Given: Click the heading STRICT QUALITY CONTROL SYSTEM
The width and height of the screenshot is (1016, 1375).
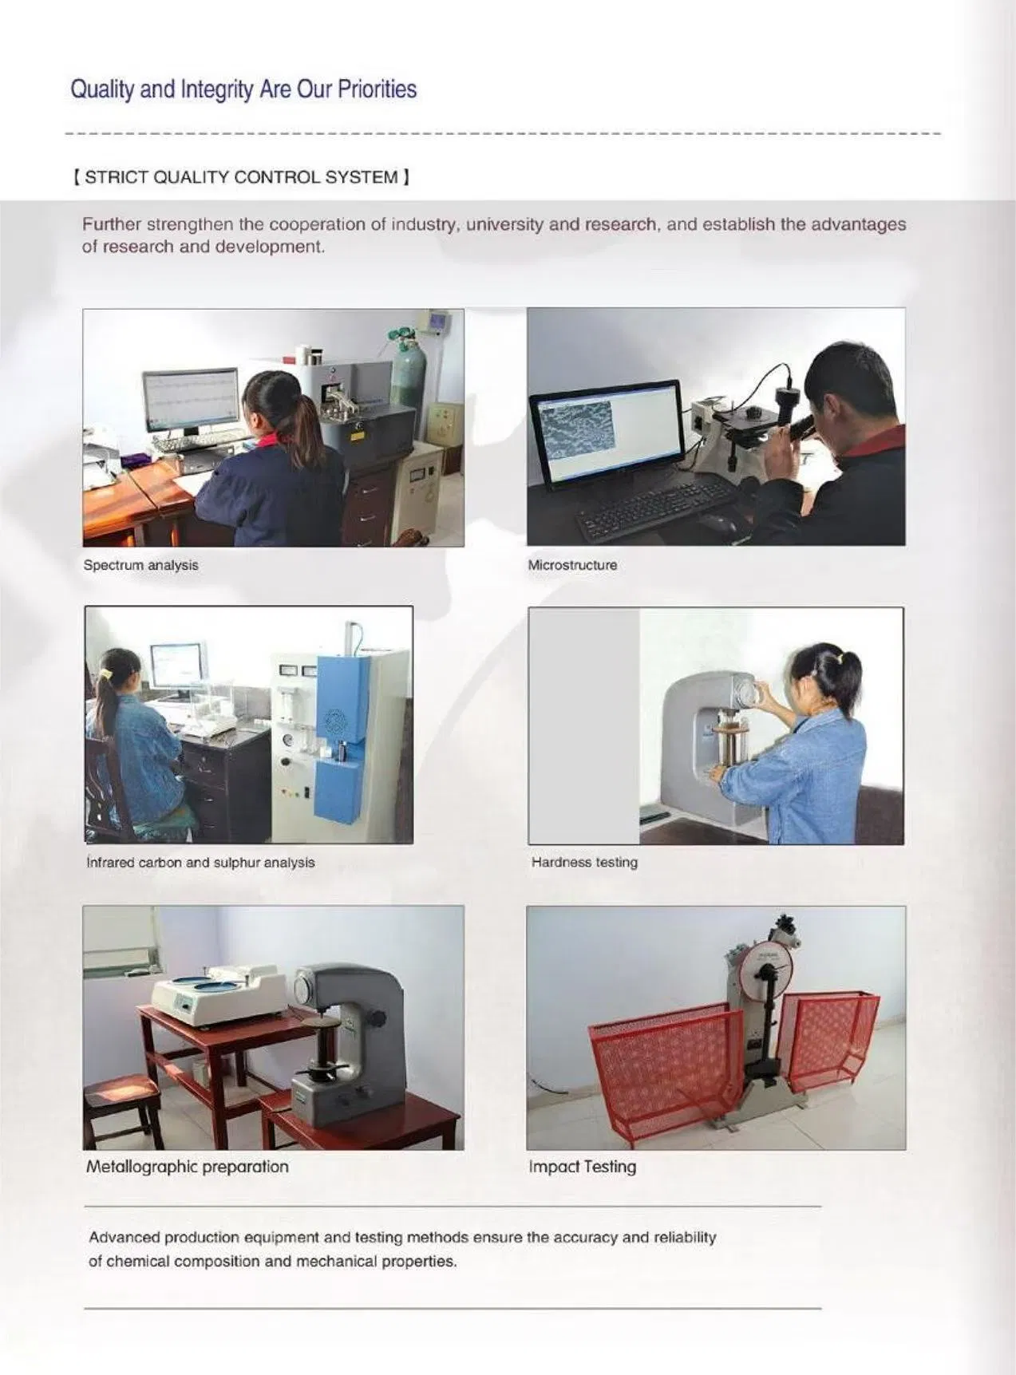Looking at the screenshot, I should (241, 177).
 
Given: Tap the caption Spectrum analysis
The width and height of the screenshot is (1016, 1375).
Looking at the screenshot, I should (140, 565).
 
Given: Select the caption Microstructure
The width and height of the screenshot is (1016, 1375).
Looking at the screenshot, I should (572, 565).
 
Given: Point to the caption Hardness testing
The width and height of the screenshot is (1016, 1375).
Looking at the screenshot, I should (584, 862).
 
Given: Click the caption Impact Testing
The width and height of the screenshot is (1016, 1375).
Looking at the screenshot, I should (582, 1167).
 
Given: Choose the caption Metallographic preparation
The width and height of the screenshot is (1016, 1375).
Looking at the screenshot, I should (187, 1167).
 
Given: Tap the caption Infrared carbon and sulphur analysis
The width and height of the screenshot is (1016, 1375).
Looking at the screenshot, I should (200, 863).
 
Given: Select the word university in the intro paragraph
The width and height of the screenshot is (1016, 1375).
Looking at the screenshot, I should (504, 224).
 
